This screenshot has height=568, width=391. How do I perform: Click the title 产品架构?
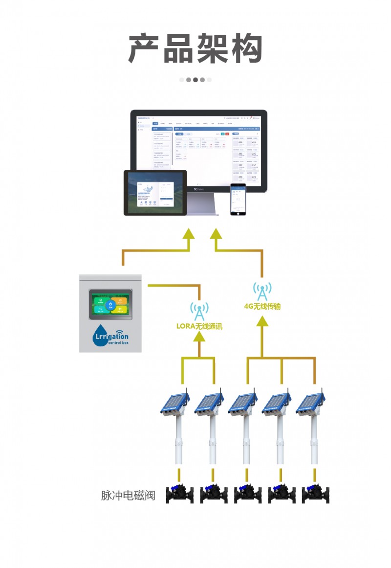click(x=195, y=49)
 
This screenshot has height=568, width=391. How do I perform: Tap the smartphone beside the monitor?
click(x=238, y=199)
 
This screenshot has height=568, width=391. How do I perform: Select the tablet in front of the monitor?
click(x=155, y=193)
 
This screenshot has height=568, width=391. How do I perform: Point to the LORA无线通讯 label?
click(x=199, y=326)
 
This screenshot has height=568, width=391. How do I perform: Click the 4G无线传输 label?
click(x=262, y=306)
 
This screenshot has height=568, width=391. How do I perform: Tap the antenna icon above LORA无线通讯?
click(x=199, y=310)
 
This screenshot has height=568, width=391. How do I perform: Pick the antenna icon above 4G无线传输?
click(x=262, y=291)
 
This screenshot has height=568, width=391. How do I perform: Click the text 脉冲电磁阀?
click(x=128, y=495)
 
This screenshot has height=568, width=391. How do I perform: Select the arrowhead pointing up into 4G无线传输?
click(x=262, y=321)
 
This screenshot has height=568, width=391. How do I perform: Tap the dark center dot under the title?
click(x=195, y=80)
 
